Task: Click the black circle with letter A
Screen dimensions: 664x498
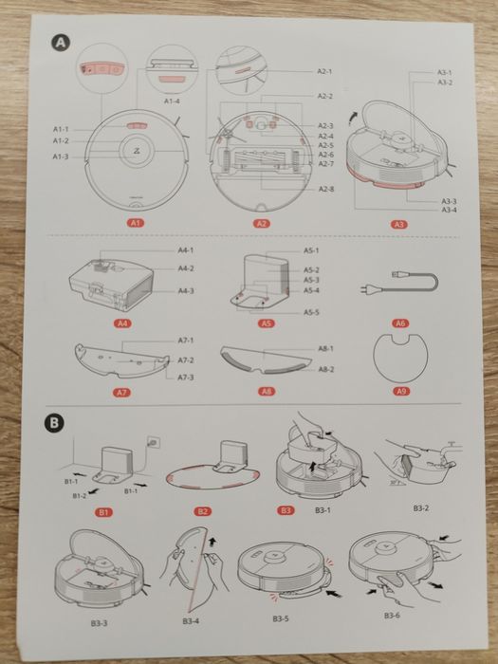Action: [x=61, y=43]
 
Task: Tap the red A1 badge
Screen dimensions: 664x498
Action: [x=136, y=223]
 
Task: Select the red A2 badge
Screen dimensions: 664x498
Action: [x=261, y=224]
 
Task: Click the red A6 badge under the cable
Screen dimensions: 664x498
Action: [x=400, y=323]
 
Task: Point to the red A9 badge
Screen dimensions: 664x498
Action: [x=400, y=391]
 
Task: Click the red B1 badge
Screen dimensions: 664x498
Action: [x=105, y=511]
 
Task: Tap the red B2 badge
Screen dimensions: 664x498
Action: [x=203, y=511]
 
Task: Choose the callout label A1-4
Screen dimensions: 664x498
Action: [x=173, y=101]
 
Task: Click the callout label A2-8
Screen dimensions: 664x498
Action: [x=325, y=190]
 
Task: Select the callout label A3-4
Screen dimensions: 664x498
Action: [x=450, y=210]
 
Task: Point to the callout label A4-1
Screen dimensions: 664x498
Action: [x=185, y=249]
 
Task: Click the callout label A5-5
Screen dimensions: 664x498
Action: [x=311, y=311]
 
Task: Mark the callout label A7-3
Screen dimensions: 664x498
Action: [x=185, y=378]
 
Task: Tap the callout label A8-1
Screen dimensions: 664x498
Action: [x=325, y=349]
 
